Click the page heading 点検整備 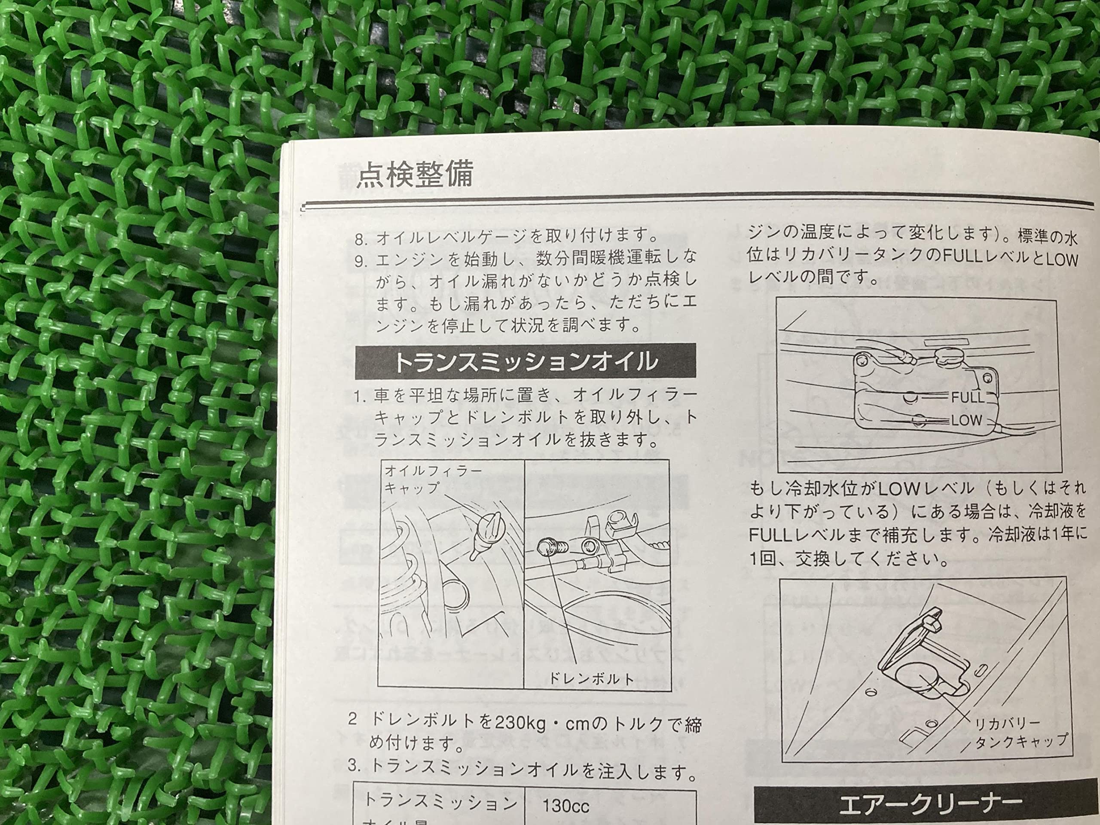415,174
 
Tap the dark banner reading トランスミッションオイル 525,361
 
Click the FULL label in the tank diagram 967,397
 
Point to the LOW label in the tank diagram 966,421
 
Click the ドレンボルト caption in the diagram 591,679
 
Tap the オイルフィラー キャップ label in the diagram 432,479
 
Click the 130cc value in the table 565,806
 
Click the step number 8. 361,239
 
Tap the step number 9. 361,262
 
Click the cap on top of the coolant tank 948,354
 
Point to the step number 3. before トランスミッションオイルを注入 354,765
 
